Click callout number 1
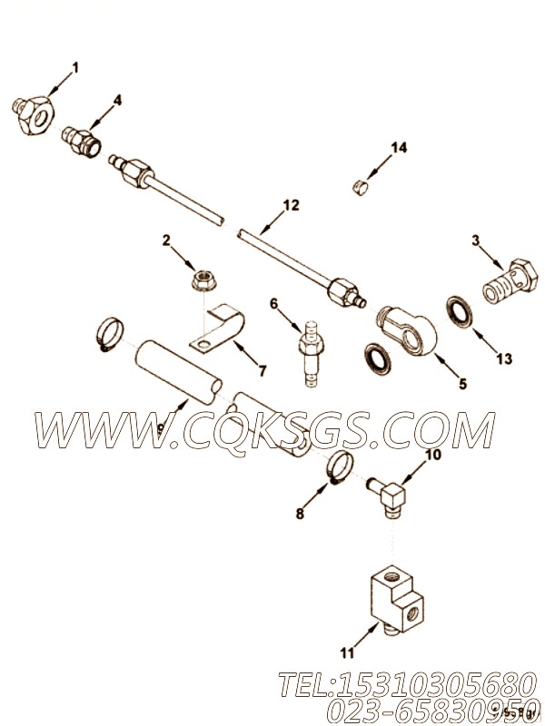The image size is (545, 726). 75,66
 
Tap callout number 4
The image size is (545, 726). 117,99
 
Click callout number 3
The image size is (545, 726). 475,240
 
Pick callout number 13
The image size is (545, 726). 504,358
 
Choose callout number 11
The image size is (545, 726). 347,626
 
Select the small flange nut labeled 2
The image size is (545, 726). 203,282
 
